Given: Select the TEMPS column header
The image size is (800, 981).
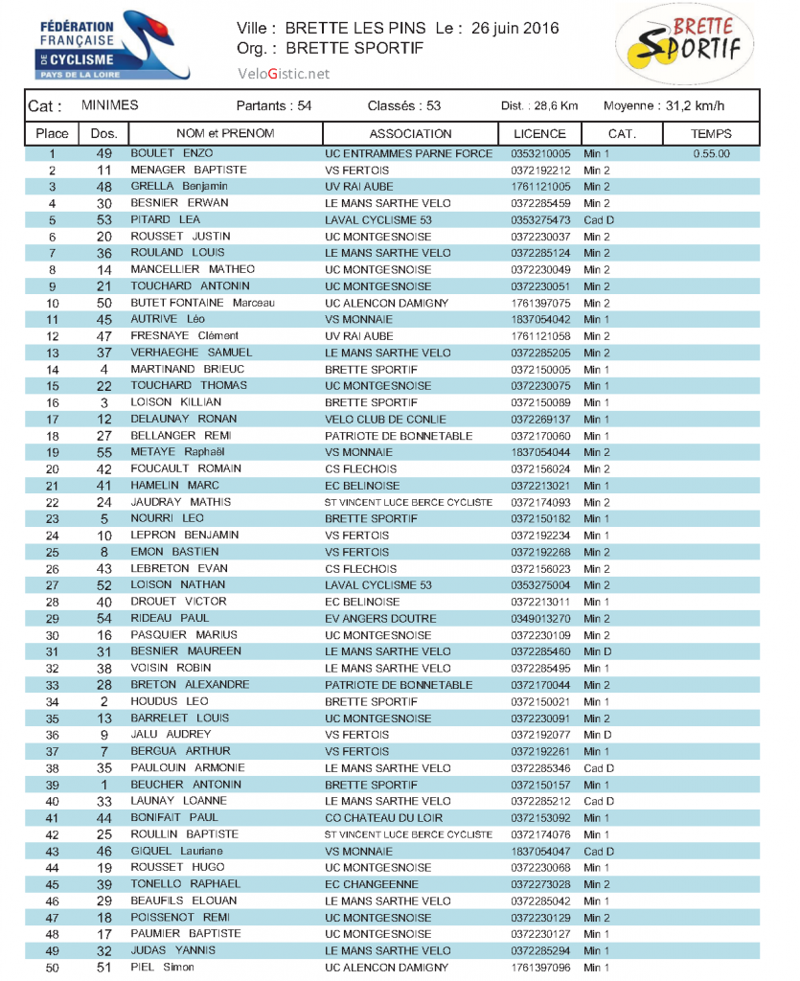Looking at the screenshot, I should pos(711,134).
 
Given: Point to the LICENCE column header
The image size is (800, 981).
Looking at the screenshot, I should pos(539,134).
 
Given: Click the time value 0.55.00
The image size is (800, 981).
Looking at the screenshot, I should pos(711,153).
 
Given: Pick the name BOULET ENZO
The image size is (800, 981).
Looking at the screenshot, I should pos(171,153).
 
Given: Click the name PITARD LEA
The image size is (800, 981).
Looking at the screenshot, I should pos(165,219).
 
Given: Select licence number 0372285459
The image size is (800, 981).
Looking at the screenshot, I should pos(540,203).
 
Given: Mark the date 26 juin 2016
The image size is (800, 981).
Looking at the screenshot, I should pos(515,28).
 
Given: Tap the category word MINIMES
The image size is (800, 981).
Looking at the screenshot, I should pos(110,105).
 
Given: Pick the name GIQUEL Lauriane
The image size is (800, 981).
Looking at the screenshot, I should pos(176,851).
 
